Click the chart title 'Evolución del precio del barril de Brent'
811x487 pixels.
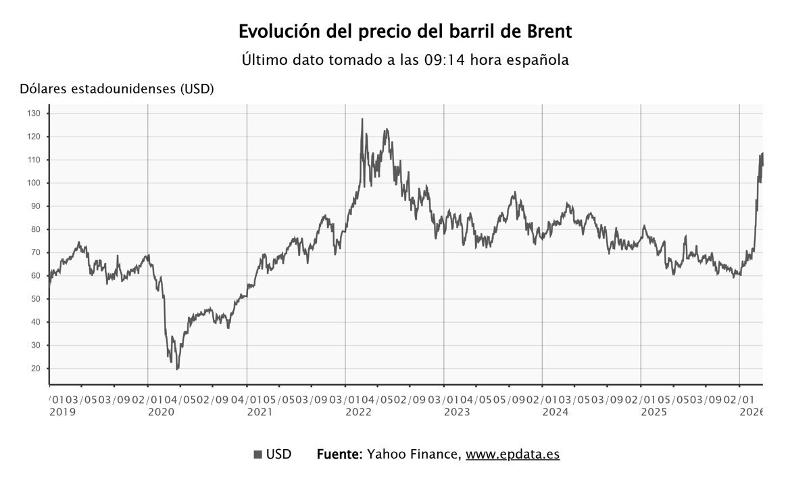pyautogui.click(x=405, y=32)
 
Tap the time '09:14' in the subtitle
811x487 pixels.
pyautogui.click(x=445, y=60)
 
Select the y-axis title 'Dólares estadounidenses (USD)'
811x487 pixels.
pyautogui.click(x=117, y=89)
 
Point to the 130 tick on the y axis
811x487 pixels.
pyautogui.click(x=34, y=114)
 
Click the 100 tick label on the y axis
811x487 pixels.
pyautogui.click(x=34, y=183)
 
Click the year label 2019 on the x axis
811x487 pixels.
pyautogui.click(x=63, y=412)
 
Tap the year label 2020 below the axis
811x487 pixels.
pyautogui.click(x=162, y=412)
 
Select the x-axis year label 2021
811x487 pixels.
pyautogui.click(x=260, y=412)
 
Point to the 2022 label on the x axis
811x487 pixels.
pyautogui.click(x=359, y=412)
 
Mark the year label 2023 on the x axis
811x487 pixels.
pyautogui.click(x=458, y=412)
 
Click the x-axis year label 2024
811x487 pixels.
pyautogui.click(x=556, y=412)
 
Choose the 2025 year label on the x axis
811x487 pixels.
pyautogui.click(x=655, y=412)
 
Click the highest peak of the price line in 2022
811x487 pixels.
pyautogui.click(x=362, y=120)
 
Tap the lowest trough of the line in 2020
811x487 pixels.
pyautogui.click(x=177, y=369)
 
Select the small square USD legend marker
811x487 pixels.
pyautogui.click(x=257, y=455)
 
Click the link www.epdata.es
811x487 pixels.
pyautogui.click(x=512, y=455)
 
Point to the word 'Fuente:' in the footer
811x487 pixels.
pyautogui.click(x=340, y=455)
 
